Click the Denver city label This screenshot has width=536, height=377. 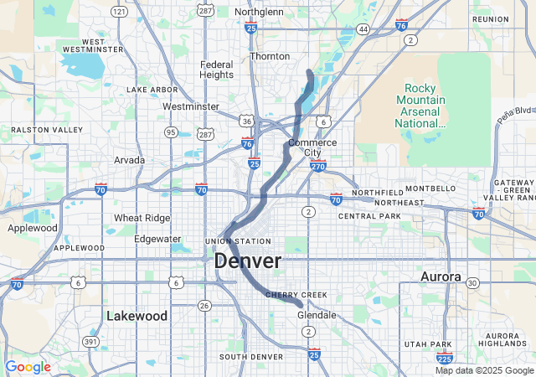[x=248, y=261]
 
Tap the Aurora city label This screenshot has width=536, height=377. [x=441, y=276]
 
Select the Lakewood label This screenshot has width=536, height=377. [x=137, y=316]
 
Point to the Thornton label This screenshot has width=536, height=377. [x=270, y=56]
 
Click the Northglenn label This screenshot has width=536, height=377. [x=259, y=12]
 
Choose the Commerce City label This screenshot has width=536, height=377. [x=312, y=147]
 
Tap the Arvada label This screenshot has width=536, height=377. [x=130, y=159]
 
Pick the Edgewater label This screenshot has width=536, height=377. [x=157, y=239]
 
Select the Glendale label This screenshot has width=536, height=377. [x=317, y=315]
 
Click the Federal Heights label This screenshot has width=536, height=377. [x=217, y=70]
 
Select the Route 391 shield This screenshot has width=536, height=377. [x=90, y=342]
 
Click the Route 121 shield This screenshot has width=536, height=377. [x=120, y=12]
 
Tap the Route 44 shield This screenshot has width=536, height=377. [x=363, y=29]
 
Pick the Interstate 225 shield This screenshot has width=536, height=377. [x=446, y=358]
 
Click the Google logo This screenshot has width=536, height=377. [x=28, y=367]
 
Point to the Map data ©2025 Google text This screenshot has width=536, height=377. [x=483, y=370]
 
